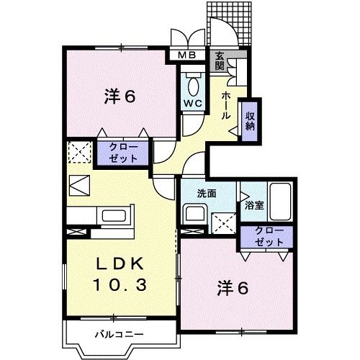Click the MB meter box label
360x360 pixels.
coord(186,55)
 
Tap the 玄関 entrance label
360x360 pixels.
coord(220,60)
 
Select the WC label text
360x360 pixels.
coord(192,102)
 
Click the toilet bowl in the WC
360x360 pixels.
coord(193,86)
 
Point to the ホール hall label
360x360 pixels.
coord(226,104)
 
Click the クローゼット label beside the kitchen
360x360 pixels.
coord(127,153)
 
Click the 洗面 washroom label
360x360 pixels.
coord(208,193)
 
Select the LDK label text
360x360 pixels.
coord(120,263)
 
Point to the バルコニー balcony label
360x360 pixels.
coord(119,334)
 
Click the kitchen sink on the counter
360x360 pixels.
coord(114,215)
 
